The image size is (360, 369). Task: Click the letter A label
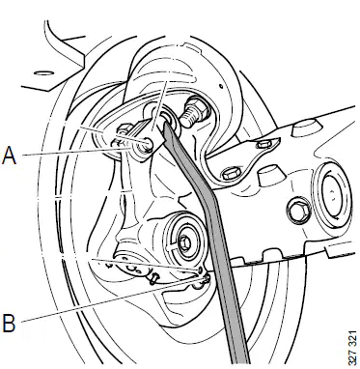(x=9, y=155)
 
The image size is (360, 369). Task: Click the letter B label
(x=9, y=323)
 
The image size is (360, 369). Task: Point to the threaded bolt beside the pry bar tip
(x=192, y=114)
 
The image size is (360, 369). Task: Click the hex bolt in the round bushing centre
(x=184, y=242)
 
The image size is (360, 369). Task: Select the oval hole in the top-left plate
(x=42, y=73)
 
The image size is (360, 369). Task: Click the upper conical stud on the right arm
(x=303, y=128)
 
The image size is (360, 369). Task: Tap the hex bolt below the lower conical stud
(x=299, y=211)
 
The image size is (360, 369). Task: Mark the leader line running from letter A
(x=76, y=152)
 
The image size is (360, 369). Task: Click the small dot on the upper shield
(x=221, y=86)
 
